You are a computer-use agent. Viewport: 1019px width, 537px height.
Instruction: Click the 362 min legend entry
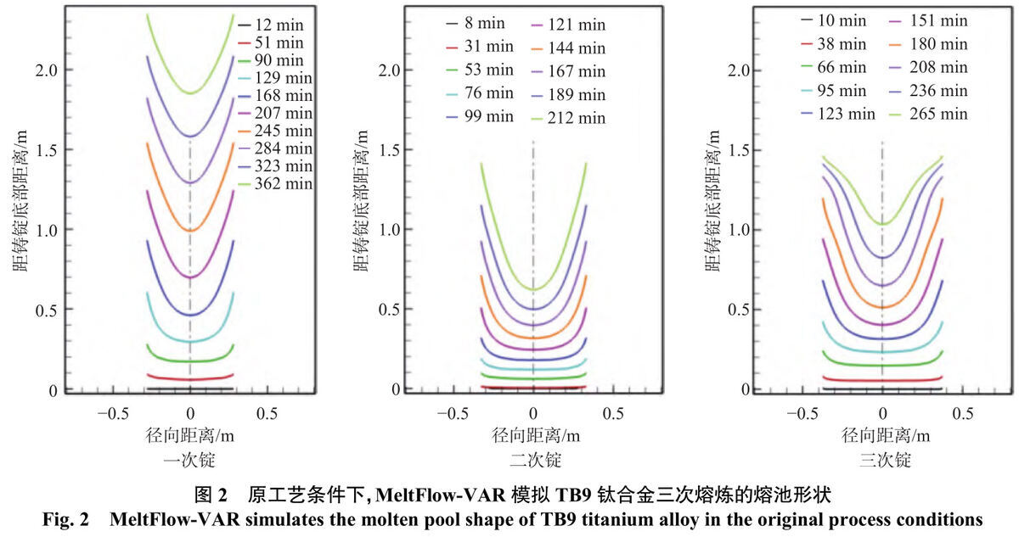[x=276, y=183]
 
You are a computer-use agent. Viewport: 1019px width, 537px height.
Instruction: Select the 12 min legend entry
[x=271, y=25]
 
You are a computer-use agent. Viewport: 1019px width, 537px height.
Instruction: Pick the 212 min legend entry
[x=569, y=118]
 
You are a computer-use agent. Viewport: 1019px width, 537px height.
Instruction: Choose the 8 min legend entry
[x=476, y=23]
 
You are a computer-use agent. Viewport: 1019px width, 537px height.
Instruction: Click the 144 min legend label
[x=577, y=48]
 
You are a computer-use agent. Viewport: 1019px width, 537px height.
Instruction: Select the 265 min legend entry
[x=928, y=114]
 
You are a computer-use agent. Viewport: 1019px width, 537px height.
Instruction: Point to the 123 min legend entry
[x=838, y=114]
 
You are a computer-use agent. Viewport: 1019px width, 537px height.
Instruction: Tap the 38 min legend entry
[x=834, y=44]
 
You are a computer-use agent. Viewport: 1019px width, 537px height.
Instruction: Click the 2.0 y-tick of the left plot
[x=47, y=70]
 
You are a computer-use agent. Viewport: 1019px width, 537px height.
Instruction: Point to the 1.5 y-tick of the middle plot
[x=390, y=150]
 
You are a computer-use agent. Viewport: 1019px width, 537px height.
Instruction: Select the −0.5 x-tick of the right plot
[x=803, y=414]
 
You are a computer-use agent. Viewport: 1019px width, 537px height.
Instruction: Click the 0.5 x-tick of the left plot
[x=267, y=414]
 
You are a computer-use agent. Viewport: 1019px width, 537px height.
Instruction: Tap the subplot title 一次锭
[x=189, y=460]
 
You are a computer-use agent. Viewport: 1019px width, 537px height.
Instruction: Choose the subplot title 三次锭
[x=885, y=460]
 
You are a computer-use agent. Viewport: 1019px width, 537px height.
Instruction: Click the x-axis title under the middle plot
[x=536, y=436]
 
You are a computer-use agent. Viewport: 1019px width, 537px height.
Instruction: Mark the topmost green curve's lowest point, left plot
[x=190, y=93]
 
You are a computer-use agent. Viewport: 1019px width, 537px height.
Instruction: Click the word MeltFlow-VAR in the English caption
[x=175, y=519]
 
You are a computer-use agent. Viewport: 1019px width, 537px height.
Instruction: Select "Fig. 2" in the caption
[x=66, y=519]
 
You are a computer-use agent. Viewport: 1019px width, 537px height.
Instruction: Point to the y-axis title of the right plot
[x=712, y=201]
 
